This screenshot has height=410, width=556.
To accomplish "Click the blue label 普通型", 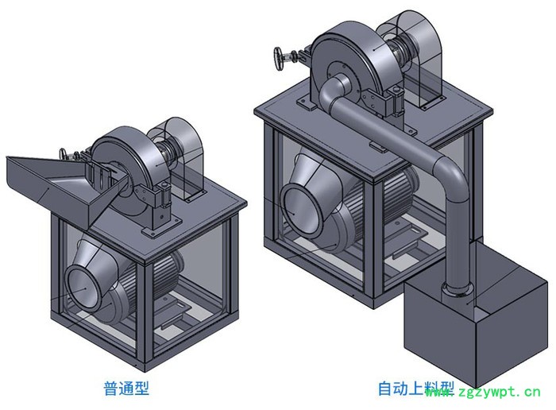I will [x=126, y=389].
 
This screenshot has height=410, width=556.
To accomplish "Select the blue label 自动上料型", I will [x=415, y=389].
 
